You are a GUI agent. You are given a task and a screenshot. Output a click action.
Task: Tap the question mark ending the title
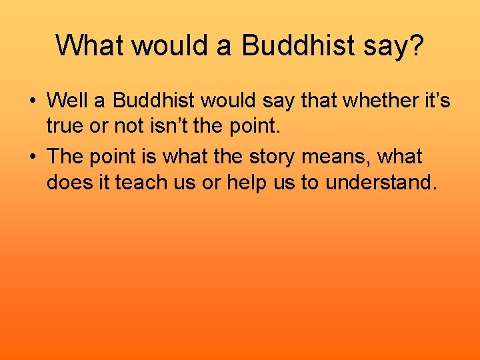coord(415,45)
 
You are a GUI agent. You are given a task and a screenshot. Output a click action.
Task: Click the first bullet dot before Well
coord(32,101)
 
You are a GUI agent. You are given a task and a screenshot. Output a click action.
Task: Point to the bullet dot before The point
coord(32,157)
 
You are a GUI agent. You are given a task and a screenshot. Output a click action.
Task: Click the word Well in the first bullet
coord(70,101)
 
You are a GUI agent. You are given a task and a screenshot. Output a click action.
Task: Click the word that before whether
coord(320,101)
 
